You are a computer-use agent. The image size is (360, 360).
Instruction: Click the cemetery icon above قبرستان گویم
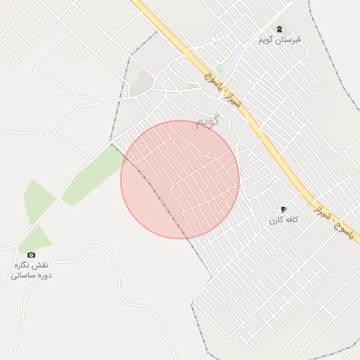(281, 28)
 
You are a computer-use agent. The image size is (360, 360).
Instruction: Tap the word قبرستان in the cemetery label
(288, 39)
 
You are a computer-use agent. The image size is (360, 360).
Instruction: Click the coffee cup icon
(283, 209)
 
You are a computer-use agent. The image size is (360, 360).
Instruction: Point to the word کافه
(292, 220)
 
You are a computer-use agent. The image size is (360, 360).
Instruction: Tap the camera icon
(31, 255)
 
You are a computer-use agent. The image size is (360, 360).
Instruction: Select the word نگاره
(23, 265)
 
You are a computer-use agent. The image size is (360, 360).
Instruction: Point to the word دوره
(44, 275)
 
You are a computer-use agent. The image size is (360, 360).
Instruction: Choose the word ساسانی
(23, 275)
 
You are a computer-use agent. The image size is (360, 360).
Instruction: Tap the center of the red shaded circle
(180, 179)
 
